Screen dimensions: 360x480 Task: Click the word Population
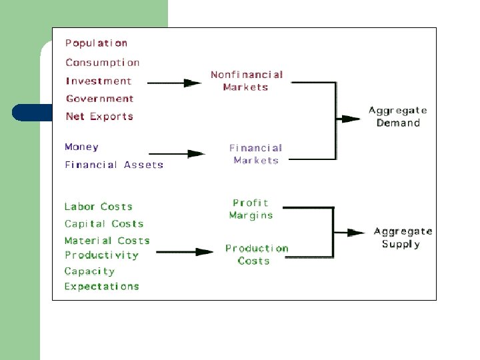click(x=96, y=43)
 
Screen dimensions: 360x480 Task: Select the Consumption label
click(x=103, y=63)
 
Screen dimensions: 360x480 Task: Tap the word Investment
click(x=99, y=81)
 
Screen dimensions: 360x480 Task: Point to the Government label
click(x=100, y=99)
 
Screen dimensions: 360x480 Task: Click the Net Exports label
click(x=99, y=117)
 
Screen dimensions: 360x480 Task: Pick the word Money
click(x=81, y=147)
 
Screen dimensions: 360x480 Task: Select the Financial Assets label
click(x=114, y=165)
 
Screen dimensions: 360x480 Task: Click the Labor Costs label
click(x=99, y=207)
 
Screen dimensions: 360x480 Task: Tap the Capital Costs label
click(x=104, y=224)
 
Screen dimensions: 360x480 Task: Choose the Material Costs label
click(x=107, y=241)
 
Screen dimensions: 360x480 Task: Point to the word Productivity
click(x=102, y=255)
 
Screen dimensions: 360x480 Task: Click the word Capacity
click(x=89, y=271)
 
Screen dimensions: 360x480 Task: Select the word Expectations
click(x=102, y=287)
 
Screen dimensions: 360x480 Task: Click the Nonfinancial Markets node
click(x=247, y=81)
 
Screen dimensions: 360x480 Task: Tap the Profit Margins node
click(x=251, y=209)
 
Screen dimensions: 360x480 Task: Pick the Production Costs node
click(x=257, y=254)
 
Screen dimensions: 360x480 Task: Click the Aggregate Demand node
click(x=398, y=117)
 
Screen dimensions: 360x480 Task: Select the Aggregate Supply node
click(x=403, y=237)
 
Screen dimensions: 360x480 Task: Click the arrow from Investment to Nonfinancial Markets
click(x=174, y=83)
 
